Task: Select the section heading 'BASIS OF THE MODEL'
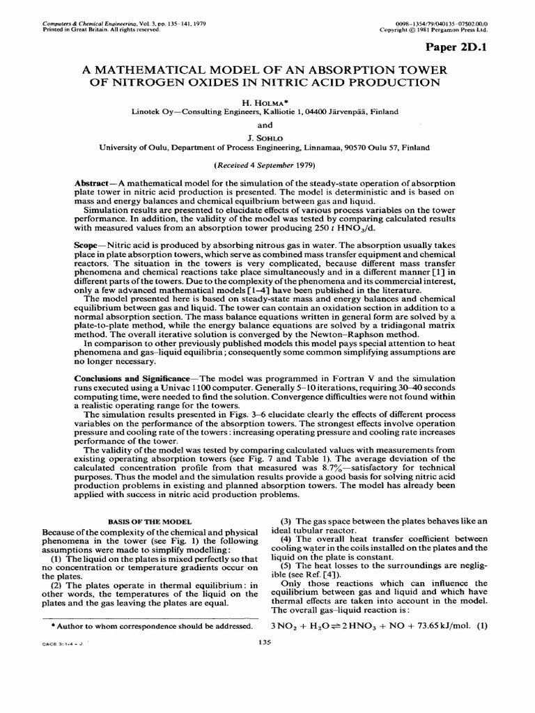pyautogui.click(x=143, y=521)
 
